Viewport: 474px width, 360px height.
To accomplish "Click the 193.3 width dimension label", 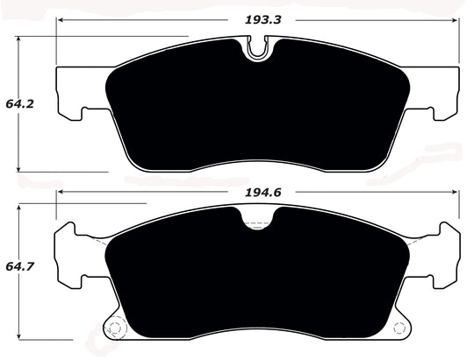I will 257,18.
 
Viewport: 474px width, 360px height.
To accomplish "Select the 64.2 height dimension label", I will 14,103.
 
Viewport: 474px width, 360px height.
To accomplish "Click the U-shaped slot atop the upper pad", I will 257,50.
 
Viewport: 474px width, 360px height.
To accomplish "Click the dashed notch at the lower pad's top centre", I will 257,222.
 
